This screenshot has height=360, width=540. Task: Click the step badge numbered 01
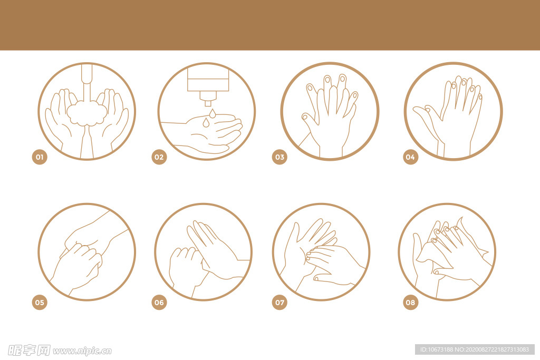tap(40, 157)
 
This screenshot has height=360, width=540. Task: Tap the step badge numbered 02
tap(159, 157)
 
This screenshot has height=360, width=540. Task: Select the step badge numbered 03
tap(279, 157)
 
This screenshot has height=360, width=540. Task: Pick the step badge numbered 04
tap(410, 157)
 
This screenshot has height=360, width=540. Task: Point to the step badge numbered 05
tap(40, 303)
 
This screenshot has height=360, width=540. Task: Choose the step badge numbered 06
tap(159, 303)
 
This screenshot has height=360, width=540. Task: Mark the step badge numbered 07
tap(279, 303)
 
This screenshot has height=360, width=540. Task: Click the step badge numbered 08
tap(410, 303)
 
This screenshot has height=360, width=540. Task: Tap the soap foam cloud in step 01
tap(87, 113)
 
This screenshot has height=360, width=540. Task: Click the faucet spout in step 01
tap(87, 73)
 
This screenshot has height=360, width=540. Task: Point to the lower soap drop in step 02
tap(206, 122)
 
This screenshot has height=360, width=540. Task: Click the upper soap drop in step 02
tap(212, 113)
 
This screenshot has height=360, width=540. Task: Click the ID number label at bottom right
tap(475, 349)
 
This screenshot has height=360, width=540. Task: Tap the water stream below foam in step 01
tap(87, 142)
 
